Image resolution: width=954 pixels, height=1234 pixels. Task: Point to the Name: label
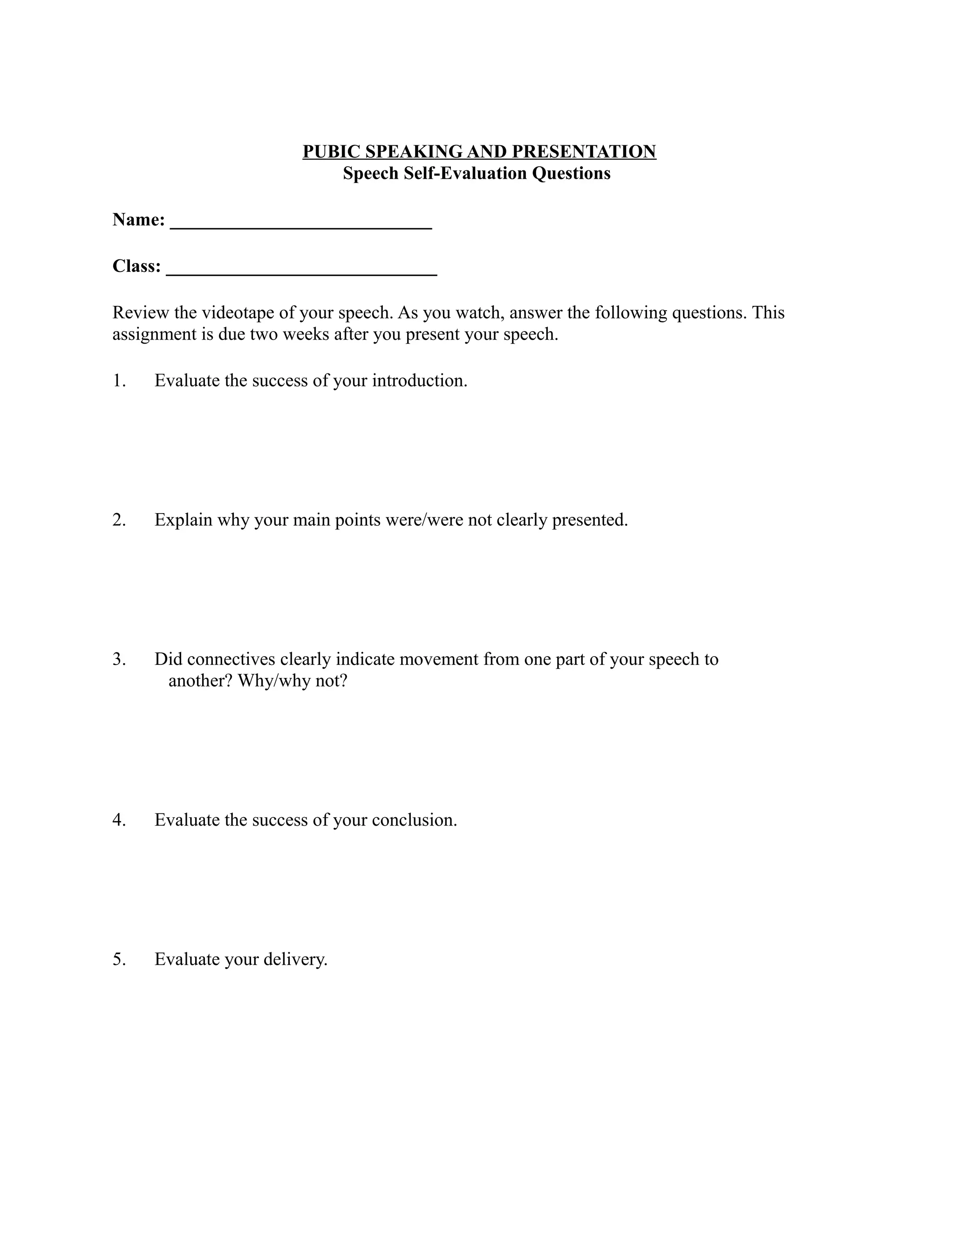(x=138, y=220)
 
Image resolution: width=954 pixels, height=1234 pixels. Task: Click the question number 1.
(x=119, y=381)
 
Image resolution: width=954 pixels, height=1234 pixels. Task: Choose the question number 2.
(x=119, y=520)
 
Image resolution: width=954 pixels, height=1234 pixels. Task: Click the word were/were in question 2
(x=424, y=520)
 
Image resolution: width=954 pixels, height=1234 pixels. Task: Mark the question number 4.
(x=119, y=820)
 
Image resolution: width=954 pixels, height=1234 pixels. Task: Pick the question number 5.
(x=119, y=959)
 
